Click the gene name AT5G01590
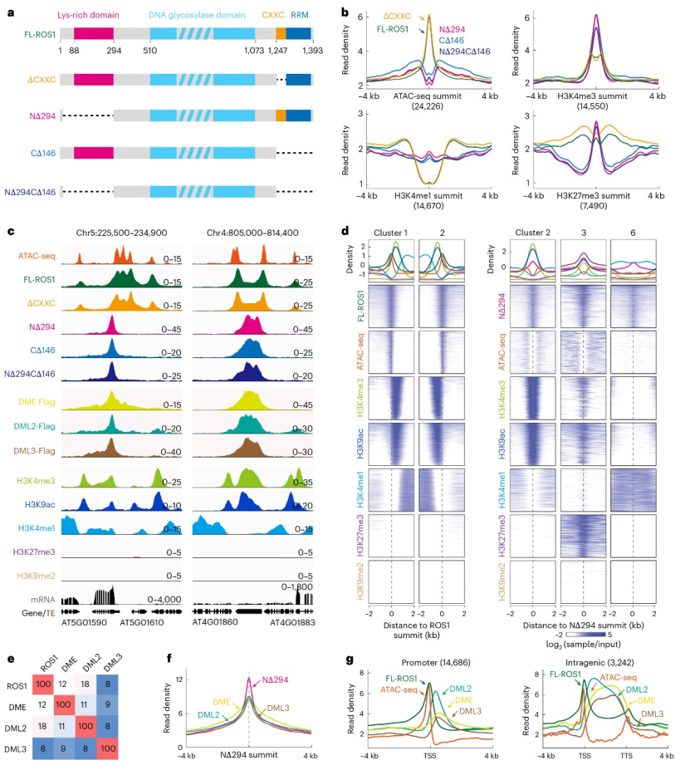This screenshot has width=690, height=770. tap(84, 620)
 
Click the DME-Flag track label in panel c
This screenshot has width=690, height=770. tap(38, 404)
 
